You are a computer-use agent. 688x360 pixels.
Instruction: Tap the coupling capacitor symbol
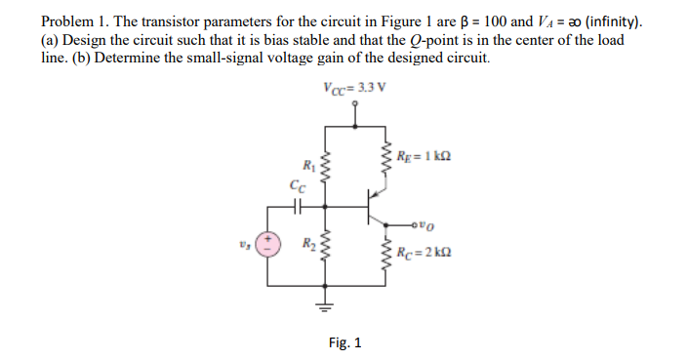pyautogui.click(x=297, y=206)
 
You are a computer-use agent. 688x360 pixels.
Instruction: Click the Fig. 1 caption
pyautogui.click(x=344, y=341)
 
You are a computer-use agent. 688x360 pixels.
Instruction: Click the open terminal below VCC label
pyautogui.click(x=354, y=100)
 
